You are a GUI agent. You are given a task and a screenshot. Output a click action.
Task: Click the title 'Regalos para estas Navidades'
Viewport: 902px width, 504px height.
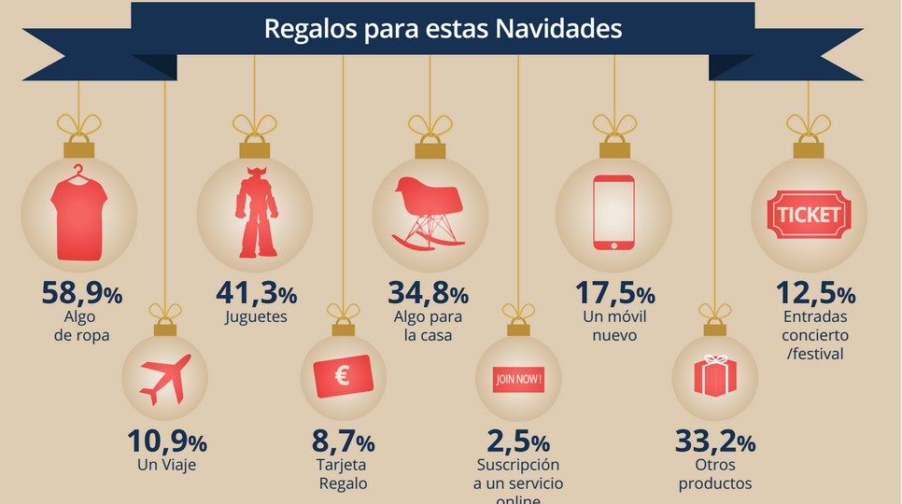(443, 28)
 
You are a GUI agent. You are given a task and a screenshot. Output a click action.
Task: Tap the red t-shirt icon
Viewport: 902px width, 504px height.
(82, 214)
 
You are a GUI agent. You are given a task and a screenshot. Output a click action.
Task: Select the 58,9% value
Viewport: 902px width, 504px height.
(82, 294)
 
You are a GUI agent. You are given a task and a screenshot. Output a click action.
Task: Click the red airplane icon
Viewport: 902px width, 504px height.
(165, 379)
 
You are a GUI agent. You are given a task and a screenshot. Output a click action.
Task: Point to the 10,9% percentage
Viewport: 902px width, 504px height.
(166, 441)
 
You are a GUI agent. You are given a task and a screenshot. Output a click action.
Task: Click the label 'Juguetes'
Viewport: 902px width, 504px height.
(256, 316)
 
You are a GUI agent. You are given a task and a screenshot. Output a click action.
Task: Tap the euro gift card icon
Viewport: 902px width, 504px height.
(344, 378)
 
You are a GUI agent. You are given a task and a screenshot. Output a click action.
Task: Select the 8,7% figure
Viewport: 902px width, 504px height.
(344, 441)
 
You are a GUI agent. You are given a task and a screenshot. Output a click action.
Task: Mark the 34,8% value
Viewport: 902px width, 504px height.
(429, 294)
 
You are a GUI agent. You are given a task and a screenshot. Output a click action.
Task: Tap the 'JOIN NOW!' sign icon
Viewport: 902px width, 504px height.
(518, 380)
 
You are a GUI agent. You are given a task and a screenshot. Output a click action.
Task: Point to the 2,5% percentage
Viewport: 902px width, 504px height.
(518, 441)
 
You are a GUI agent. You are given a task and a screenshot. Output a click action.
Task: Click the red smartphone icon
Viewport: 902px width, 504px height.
(613, 213)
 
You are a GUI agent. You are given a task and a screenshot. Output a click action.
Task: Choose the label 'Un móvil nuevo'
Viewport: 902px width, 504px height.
(613, 325)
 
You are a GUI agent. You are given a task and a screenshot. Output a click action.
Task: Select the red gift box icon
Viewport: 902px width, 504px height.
(715, 376)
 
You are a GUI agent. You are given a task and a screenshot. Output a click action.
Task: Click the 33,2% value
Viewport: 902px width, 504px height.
(715, 441)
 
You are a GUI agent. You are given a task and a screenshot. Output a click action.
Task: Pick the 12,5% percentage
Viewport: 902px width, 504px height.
(815, 294)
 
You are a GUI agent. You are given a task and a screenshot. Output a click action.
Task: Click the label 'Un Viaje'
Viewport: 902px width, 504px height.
(166, 464)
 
